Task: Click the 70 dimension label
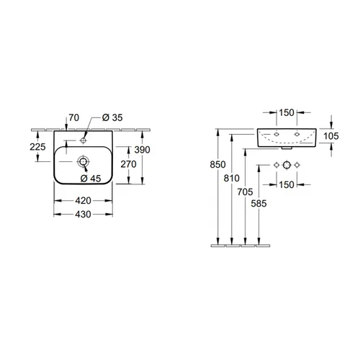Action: click(74, 117)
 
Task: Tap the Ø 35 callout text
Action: click(112, 117)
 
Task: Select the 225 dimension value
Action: click(37, 147)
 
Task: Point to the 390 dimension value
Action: click(143, 150)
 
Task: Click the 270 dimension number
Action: click(128, 164)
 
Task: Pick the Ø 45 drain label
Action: click(91, 179)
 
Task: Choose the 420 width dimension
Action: click(83, 201)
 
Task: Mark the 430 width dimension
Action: click(83, 215)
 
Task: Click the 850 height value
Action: click(217, 164)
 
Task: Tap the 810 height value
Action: click(232, 178)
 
